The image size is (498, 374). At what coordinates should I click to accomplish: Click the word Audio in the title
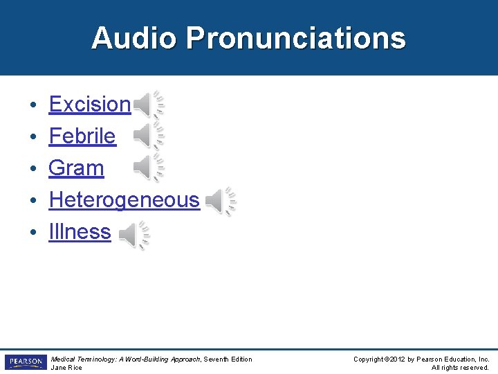point(134,38)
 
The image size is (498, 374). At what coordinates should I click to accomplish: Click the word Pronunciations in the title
point(295,38)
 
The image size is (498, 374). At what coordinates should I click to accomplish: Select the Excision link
point(89,104)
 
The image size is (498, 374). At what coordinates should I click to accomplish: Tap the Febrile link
point(82,136)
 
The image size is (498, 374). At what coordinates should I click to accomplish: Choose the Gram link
point(76,168)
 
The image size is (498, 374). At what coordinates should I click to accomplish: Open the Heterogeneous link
point(124,200)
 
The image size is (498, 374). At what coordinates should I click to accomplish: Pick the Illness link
point(80,232)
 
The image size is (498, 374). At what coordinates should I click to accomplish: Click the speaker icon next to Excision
point(148,105)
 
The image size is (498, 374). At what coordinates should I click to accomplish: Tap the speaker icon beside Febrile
point(148,136)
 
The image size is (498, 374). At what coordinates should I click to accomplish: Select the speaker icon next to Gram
point(148,168)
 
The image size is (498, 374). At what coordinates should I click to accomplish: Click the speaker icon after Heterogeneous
point(221,202)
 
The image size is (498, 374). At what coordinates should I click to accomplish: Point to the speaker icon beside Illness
point(133,235)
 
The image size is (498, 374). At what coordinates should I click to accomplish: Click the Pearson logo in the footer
point(24,362)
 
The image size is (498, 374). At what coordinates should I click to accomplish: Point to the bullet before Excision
point(33,105)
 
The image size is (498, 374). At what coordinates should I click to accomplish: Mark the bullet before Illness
point(33,233)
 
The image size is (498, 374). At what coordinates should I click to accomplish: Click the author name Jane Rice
point(66,368)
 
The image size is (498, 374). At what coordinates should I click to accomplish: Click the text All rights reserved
point(460,368)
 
